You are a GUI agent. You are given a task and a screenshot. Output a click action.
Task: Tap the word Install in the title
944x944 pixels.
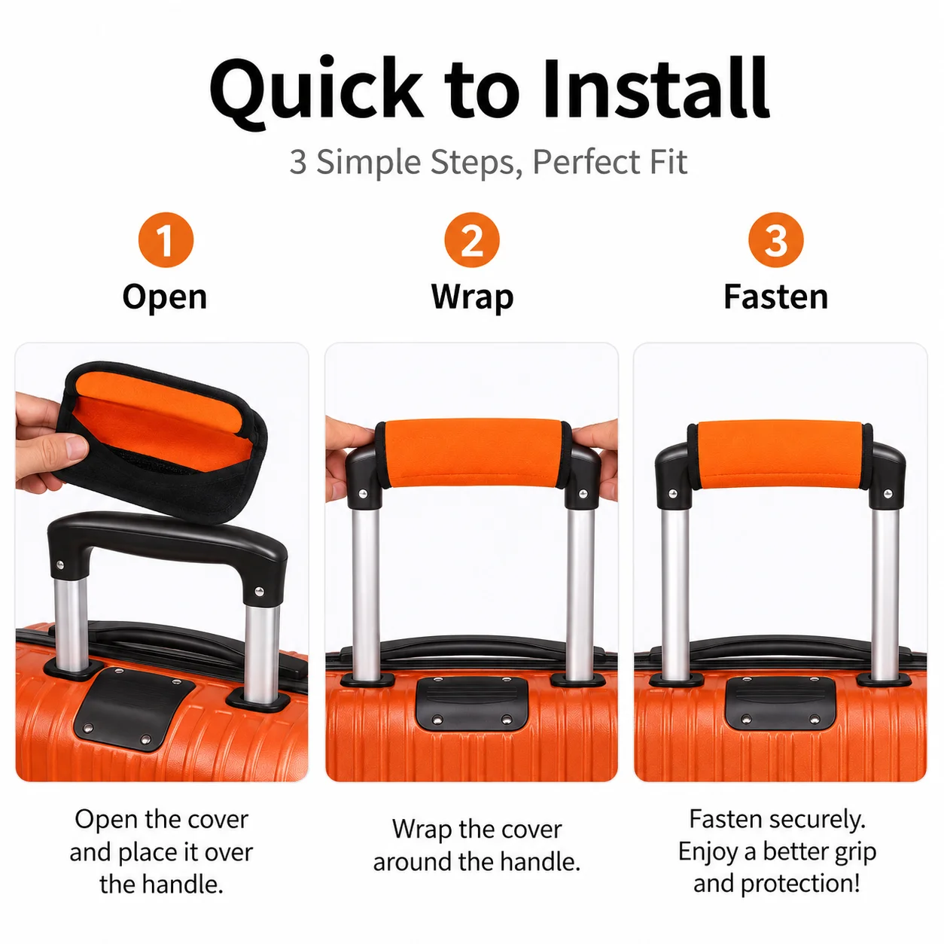pos(656,88)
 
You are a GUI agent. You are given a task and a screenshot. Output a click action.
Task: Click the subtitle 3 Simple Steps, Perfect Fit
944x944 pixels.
pos(488,162)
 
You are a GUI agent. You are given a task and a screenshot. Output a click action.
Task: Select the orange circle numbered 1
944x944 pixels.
pos(166,239)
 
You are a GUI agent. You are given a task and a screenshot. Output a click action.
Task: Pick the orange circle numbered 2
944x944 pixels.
pos(472,239)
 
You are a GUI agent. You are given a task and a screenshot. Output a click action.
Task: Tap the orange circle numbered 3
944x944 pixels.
pos(776,239)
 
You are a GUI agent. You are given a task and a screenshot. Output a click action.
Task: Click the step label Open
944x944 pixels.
pos(165,298)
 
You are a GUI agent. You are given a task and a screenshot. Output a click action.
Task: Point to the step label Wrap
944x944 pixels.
pos(472,298)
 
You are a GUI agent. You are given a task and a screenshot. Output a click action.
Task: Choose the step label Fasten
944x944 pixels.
pos(776,297)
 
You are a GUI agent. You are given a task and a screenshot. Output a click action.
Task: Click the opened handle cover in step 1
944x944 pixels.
pos(162,441)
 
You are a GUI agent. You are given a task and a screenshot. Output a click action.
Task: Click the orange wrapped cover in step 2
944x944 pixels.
pos(472,453)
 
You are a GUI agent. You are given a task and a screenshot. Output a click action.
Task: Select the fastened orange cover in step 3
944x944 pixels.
pos(780,455)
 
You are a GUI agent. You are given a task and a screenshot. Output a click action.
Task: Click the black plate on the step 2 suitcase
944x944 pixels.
pos(472,703)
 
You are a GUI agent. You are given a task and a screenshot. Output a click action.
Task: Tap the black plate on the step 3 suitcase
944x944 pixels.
pos(780,703)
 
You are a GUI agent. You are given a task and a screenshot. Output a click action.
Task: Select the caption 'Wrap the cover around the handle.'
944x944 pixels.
pos(477,845)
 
